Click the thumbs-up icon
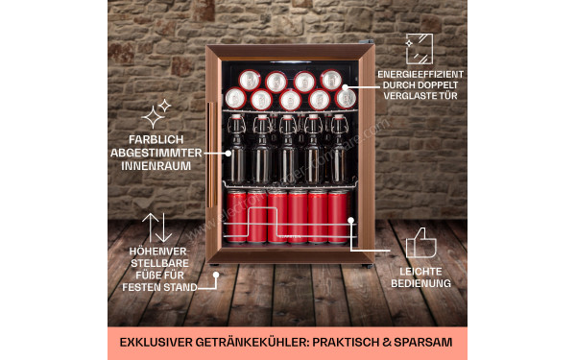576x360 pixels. (x=420, y=244)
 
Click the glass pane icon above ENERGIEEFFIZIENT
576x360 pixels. (x=419, y=48)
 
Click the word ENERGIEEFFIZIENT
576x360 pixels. (x=420, y=74)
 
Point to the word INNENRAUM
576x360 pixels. (x=156, y=166)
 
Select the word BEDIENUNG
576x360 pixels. (x=420, y=284)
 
